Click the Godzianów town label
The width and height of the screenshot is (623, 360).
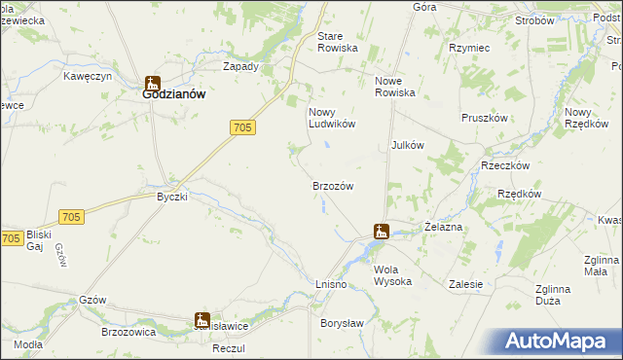[x=172, y=96]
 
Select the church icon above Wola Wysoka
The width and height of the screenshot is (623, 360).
[x=382, y=232]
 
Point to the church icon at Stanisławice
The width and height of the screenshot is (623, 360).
[x=202, y=319]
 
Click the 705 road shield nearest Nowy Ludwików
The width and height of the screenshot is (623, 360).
[x=244, y=126]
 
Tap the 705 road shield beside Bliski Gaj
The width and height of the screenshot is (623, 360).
[x=12, y=238]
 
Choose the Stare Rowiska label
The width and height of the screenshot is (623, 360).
[x=338, y=42]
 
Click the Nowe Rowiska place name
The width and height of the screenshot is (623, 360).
[x=395, y=87]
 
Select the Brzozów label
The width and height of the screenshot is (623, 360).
[x=331, y=186]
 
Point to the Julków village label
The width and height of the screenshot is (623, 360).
[x=407, y=145]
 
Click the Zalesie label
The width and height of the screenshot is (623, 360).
[x=466, y=284]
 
